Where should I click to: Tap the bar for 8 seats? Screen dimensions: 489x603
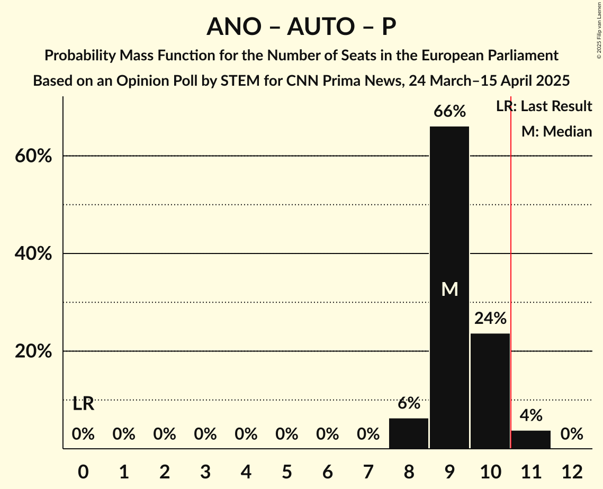[409, 433]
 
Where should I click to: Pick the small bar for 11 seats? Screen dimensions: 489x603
[531, 440]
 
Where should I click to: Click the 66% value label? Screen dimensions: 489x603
[449, 112]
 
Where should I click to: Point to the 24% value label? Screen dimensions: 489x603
[490, 319]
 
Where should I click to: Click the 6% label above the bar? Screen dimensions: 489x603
[409, 403]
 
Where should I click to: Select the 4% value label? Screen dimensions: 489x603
[530, 415]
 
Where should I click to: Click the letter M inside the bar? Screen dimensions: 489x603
[449, 289]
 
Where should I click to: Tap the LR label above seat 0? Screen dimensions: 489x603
[83, 404]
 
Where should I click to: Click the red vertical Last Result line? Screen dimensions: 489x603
[510, 265]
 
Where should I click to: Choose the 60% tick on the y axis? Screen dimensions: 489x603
[33, 156]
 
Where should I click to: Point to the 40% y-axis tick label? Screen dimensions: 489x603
[33, 254]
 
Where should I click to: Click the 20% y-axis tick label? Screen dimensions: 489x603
[33, 351]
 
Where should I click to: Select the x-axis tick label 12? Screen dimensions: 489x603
[572, 472]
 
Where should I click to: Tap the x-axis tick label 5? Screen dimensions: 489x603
[286, 472]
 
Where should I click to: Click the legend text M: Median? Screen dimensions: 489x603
[556, 131]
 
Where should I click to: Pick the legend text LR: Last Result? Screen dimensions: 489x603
[544, 106]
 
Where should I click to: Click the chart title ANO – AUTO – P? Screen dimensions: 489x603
[301, 26]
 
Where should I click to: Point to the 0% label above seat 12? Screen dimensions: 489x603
[572, 434]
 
